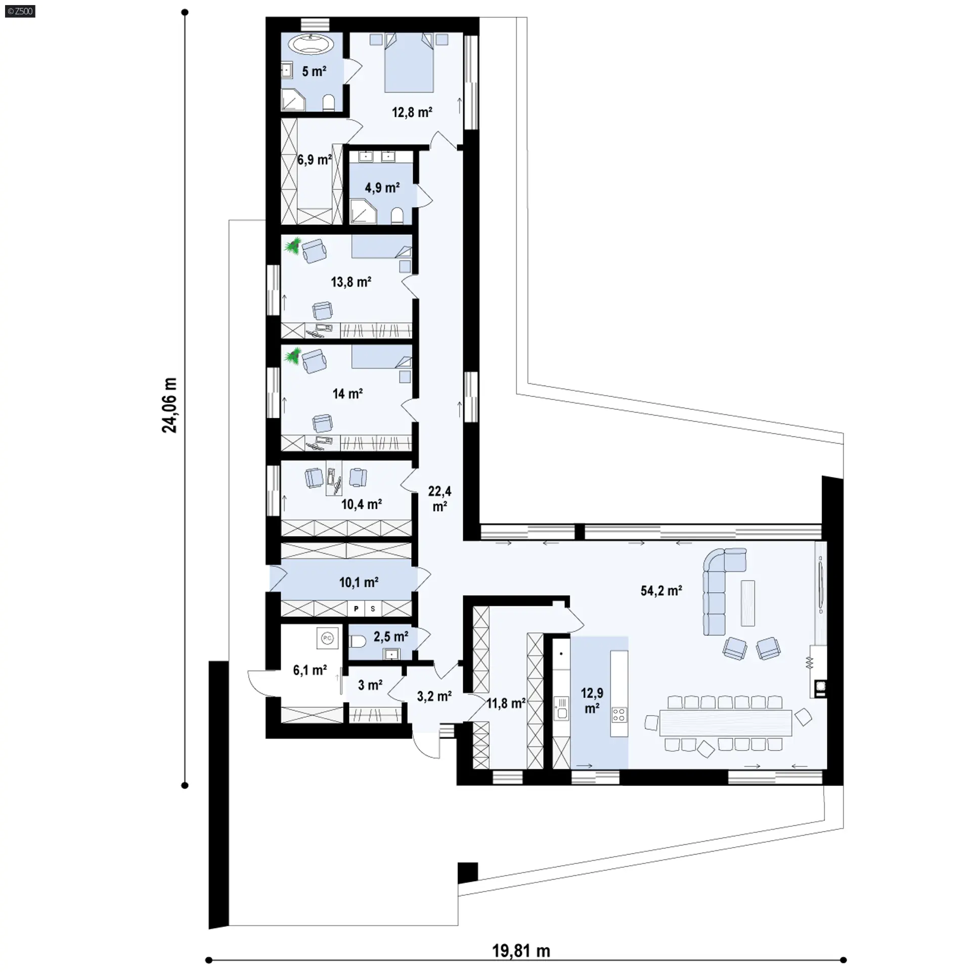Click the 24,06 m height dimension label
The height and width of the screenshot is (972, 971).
[x=170, y=405]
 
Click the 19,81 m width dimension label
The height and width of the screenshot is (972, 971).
[x=521, y=951]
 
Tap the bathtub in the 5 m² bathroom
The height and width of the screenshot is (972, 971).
[x=314, y=44]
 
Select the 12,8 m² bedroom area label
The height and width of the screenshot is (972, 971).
[x=412, y=112]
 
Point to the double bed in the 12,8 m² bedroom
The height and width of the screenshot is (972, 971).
[x=409, y=62]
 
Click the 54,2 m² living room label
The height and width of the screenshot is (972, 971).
[x=661, y=590]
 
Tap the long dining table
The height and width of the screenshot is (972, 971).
[x=725, y=722]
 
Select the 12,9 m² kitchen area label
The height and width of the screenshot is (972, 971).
[x=592, y=700]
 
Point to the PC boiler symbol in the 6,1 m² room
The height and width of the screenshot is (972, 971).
[x=327, y=638]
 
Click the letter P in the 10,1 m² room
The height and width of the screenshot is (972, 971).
[x=356, y=609]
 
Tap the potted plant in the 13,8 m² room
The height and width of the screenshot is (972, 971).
[x=292, y=247]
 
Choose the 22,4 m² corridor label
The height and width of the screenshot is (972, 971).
[x=439, y=498]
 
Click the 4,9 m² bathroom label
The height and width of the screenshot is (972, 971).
[x=382, y=188]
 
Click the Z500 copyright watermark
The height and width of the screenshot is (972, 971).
[x=20, y=11]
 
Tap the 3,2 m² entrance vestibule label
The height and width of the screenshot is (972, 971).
[x=434, y=696]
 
